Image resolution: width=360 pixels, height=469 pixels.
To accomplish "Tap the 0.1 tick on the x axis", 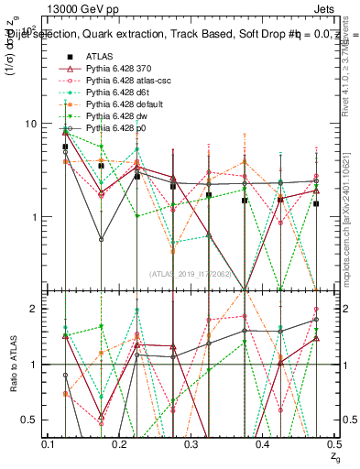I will click(x=49, y=444).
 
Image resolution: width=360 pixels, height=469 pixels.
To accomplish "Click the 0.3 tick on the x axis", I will click(x=191, y=444).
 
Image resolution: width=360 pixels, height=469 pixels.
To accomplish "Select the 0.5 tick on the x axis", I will click(x=334, y=444).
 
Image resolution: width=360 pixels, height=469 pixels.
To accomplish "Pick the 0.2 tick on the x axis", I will click(x=120, y=444).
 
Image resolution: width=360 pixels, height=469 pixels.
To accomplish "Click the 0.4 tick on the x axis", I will click(x=263, y=444).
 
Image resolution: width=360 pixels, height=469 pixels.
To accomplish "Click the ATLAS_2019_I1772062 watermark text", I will click(x=192, y=273).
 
